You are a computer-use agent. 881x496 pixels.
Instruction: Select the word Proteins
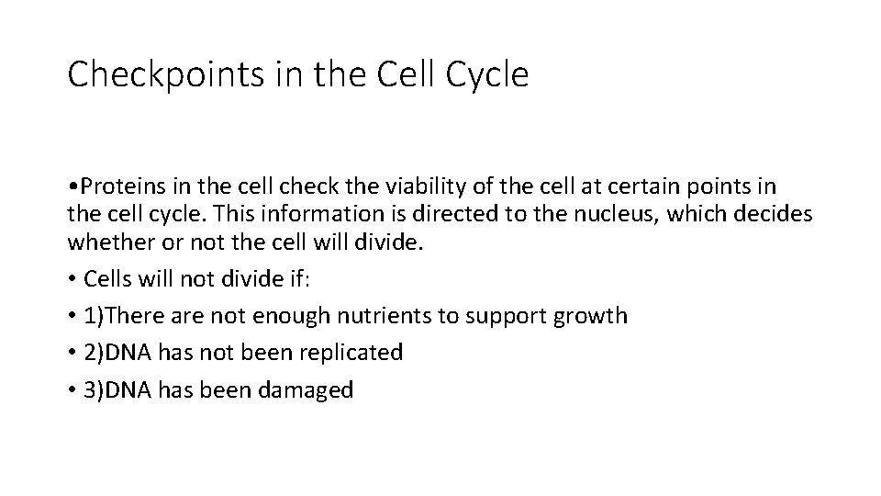[x=119, y=187]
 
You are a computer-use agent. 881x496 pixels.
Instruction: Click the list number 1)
[x=94, y=316]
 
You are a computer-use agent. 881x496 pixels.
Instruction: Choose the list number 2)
[x=94, y=353]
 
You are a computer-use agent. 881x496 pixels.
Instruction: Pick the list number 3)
[x=94, y=389]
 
